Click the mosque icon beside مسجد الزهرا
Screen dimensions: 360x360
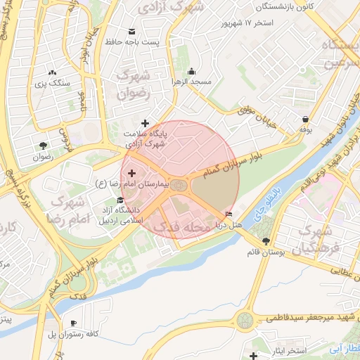(191, 71)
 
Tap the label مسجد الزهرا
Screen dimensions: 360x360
(193, 82)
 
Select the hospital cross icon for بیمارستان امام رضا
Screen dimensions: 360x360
(131, 172)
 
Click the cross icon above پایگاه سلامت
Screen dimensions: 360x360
(146, 123)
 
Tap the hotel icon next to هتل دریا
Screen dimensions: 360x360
(229, 214)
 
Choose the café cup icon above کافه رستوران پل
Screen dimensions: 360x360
(75, 323)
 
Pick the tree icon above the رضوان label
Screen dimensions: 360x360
(44, 146)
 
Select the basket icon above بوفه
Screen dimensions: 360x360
(305, 119)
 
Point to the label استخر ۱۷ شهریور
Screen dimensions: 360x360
(248, 23)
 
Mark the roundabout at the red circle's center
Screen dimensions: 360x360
(180, 185)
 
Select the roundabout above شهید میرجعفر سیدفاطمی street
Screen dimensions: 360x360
(245, 321)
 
